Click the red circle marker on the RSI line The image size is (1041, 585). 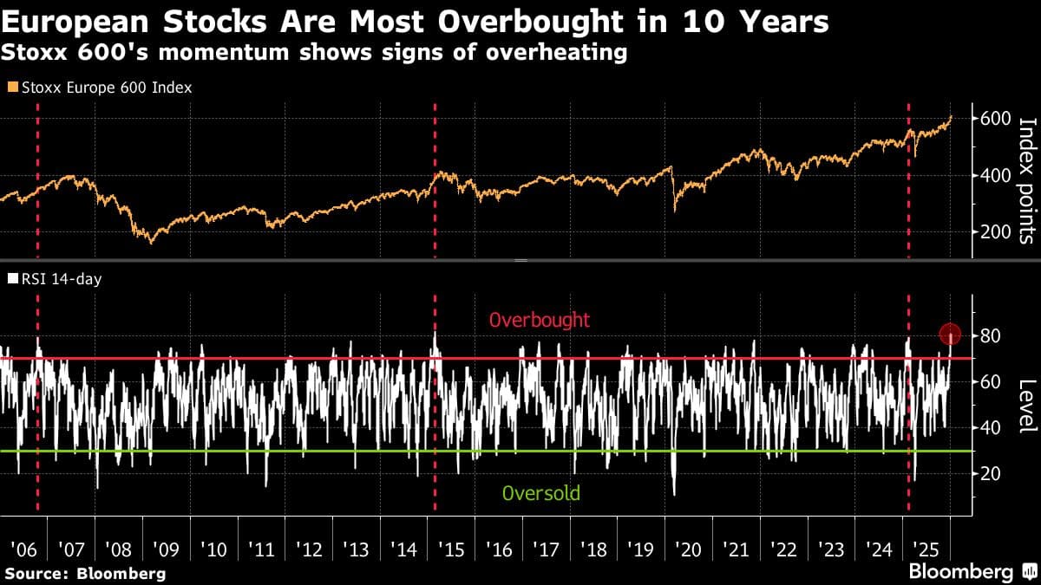950,334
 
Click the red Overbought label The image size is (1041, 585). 540,320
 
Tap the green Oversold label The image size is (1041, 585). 540,494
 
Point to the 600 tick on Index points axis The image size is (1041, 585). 993,119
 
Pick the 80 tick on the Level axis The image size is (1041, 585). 992,335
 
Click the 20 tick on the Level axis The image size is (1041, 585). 992,473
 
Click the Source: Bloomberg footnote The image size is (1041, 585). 84,573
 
